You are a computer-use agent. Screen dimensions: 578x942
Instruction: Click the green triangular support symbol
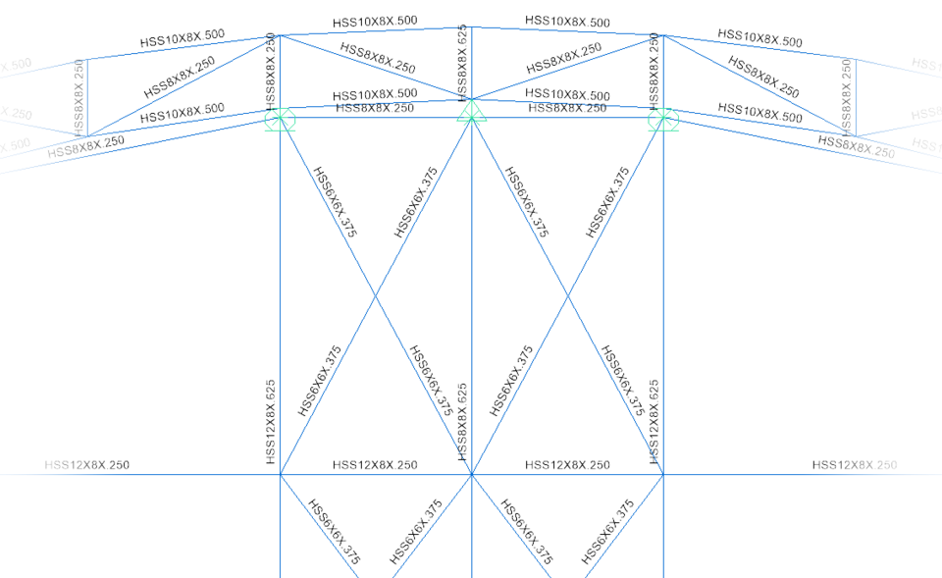(x=472, y=113)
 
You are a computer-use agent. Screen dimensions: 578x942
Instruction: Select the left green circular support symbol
(x=280, y=120)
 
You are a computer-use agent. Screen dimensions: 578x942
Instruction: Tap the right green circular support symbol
(x=663, y=120)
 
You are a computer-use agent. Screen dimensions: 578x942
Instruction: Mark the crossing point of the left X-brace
(x=376, y=295)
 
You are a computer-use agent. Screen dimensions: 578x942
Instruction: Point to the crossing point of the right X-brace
(x=567, y=295)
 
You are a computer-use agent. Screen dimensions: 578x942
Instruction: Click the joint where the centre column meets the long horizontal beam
(x=472, y=475)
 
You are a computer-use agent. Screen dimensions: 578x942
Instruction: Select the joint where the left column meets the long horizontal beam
(x=280, y=475)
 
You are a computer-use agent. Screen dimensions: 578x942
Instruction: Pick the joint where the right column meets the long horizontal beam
(x=663, y=475)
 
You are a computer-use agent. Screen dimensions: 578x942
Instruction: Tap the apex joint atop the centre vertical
(x=472, y=26)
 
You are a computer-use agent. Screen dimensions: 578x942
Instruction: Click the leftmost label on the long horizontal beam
(x=87, y=465)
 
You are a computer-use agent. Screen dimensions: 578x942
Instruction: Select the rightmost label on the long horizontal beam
(x=854, y=465)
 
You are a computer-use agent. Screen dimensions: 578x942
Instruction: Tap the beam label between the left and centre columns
(x=375, y=465)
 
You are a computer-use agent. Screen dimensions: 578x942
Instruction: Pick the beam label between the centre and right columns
(x=567, y=465)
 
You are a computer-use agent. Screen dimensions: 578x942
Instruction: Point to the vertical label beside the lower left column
(x=271, y=422)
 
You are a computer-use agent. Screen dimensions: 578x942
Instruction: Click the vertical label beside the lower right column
(x=654, y=422)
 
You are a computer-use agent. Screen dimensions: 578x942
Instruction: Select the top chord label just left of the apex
(x=375, y=21)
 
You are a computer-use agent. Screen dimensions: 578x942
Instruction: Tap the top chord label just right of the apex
(x=567, y=21)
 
